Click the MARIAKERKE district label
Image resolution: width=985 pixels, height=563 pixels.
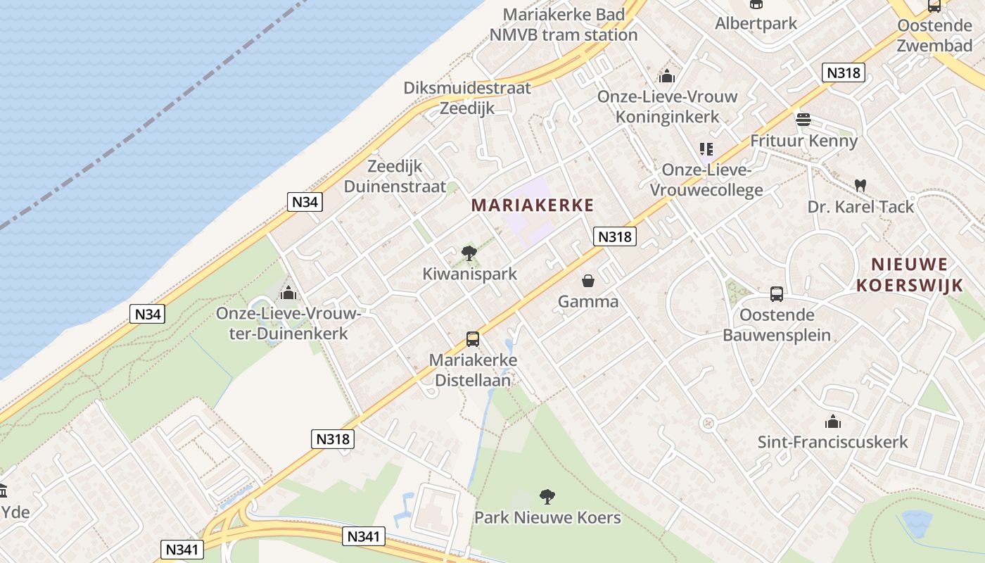pos(533,205)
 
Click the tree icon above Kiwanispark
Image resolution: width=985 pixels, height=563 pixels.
pos(469,253)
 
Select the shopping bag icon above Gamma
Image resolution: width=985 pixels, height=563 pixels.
pos(588,281)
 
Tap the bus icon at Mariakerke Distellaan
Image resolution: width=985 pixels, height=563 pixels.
pos(473,339)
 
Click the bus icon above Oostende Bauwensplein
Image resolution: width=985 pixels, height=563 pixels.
pos(777,293)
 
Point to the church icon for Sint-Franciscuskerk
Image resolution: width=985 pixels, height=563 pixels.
pos(832,422)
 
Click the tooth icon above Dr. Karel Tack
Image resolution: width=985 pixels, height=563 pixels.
pos(860,186)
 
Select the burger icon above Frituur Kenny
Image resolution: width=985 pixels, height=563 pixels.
pos(803,120)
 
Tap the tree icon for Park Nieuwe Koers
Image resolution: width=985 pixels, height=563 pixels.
pos(547,497)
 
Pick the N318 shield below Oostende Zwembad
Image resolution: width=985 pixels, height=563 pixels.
pos(843,72)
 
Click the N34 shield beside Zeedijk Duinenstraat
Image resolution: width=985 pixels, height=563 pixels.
pos(305,202)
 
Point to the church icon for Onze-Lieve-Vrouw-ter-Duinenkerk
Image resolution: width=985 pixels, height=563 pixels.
pos(288,293)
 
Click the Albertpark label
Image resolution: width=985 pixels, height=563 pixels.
pos(756,23)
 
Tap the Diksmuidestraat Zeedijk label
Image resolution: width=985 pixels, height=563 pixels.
pos(467,98)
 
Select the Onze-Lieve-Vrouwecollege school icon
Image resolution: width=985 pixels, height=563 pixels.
pos(706,149)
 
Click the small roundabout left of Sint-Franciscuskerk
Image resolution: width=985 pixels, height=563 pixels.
pos(708,423)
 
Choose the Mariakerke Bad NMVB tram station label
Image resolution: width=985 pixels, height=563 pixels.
pos(564,24)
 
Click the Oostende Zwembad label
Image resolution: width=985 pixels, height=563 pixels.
pos(934,36)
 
